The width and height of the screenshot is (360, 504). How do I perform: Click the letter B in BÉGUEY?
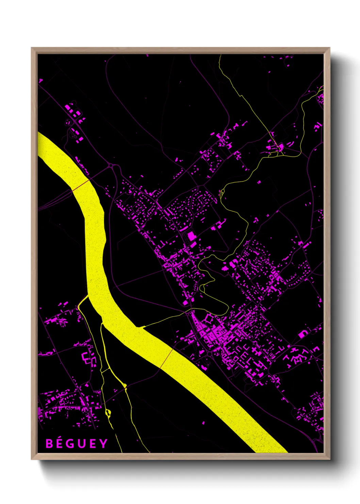tap(49, 443)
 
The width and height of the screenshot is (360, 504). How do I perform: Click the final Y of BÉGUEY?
tap(103, 443)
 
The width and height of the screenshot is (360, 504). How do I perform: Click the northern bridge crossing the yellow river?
tap(81, 185)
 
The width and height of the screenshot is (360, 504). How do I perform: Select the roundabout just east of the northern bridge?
tap(111, 166)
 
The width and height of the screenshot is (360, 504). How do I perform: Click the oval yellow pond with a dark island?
tap(108, 413)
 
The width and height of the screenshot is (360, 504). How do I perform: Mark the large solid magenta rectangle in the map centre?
tap(192, 236)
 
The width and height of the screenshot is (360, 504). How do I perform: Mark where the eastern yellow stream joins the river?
tap(140, 327)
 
